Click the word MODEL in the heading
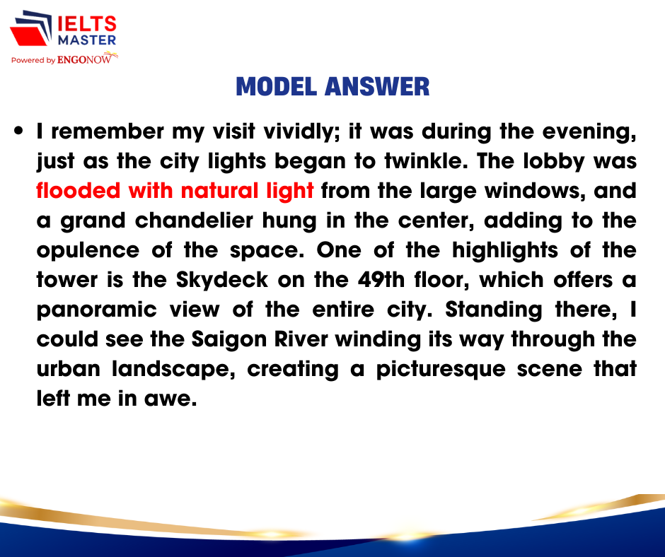276,86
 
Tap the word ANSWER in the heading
377,86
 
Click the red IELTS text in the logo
87,24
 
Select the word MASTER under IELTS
87,40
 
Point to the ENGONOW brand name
84,60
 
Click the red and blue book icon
31,28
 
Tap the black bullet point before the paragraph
18,130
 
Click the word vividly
299,132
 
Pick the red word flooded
79,191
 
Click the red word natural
220,191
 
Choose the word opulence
88,251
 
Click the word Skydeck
222,280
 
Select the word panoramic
97,310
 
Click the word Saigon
229,340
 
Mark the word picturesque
441,370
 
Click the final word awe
170,399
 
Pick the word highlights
504,250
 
